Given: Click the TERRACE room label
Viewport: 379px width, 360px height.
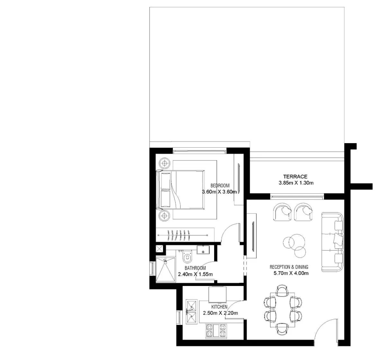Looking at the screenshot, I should click(295, 177).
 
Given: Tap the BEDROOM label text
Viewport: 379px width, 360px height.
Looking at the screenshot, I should click(220, 186).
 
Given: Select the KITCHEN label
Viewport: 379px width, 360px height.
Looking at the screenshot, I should click(219, 307).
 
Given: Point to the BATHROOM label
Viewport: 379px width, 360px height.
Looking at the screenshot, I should click(195, 268).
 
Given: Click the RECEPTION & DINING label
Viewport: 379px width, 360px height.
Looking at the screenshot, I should click(289, 267).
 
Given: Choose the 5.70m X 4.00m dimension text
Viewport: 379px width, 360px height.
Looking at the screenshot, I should click(291, 274).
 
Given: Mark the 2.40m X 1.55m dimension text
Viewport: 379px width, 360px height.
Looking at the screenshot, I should click(195, 274).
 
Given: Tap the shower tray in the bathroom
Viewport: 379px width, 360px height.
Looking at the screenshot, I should click(166, 269).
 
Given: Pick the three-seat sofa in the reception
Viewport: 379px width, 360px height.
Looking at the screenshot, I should click(333, 242).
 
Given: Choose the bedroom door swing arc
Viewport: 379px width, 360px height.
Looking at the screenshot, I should click(230, 232).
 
